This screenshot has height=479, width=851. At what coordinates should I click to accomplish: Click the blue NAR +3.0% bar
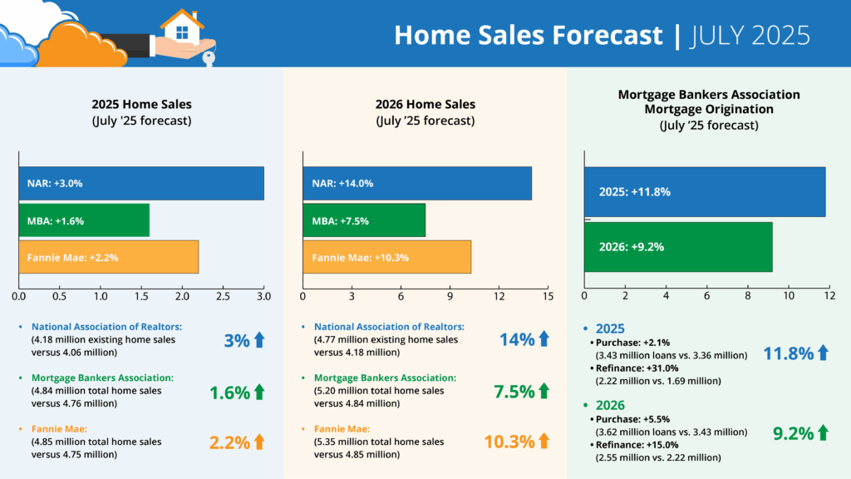(141, 184)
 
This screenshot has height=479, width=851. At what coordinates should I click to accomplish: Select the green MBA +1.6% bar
(84, 220)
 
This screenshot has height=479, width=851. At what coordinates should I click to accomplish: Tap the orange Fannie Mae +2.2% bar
(109, 257)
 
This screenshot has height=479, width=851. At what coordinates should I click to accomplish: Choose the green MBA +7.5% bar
(364, 220)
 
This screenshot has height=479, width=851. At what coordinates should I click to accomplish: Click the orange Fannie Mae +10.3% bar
(387, 257)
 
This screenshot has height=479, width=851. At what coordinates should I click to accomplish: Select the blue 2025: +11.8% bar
(705, 191)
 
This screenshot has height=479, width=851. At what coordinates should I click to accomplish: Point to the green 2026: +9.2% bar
(678, 247)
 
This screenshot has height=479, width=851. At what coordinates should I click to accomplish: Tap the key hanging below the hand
(208, 57)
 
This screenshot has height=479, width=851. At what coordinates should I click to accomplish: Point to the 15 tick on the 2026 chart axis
(548, 296)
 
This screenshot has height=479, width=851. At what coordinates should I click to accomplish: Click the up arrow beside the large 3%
(258, 339)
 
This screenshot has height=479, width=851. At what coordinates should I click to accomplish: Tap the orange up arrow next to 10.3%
(544, 441)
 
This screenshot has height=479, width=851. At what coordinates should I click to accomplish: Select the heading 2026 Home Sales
(425, 105)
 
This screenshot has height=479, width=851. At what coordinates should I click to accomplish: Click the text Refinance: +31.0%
(629, 368)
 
